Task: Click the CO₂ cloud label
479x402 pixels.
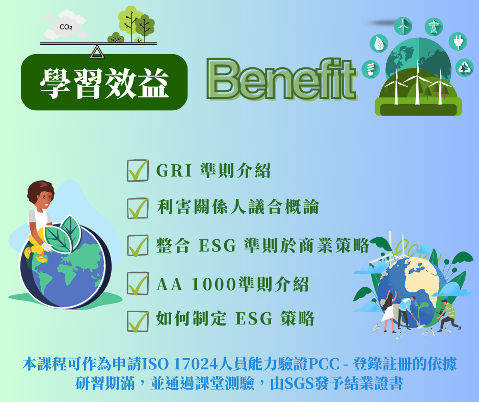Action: pyautogui.click(x=66, y=27)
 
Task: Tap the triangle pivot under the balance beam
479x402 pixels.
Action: pyautogui.click(x=96, y=52)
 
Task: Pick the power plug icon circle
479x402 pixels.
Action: pyautogui.click(x=458, y=41)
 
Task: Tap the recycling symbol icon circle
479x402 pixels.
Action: pyautogui.click(x=464, y=67)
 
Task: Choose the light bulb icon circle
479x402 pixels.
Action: pyautogui.click(x=370, y=69)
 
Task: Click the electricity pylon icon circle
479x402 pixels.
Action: pyautogui.click(x=434, y=27)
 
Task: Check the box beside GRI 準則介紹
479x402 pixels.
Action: pyautogui.click(x=137, y=171)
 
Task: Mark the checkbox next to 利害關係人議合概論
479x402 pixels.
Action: pyautogui.click(x=137, y=208)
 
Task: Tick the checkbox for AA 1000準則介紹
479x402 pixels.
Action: pyautogui.click(x=137, y=283)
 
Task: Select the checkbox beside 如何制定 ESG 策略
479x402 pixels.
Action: pyautogui.click(x=137, y=320)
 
